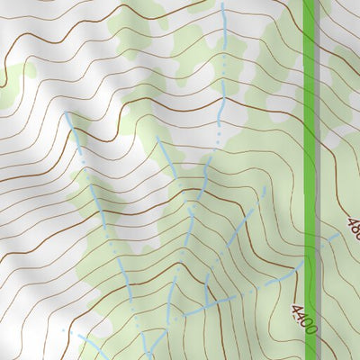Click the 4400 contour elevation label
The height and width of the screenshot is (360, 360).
click(303, 319)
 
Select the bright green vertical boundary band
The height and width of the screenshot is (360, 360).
click(310, 135)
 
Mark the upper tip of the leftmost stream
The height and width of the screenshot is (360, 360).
click(67, 114)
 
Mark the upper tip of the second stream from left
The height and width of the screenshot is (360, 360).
click(158, 139)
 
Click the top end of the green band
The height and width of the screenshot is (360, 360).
click(310, 4)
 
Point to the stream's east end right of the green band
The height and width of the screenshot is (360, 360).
click(342, 232)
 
